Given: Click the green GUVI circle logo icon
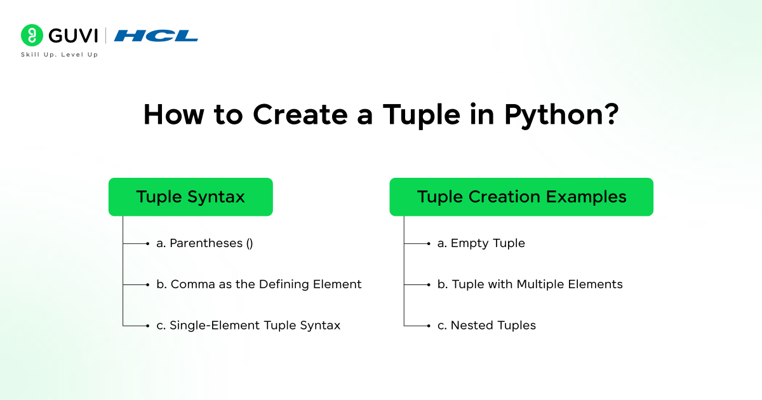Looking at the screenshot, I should pos(31,36).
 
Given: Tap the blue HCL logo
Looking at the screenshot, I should pos(156,36).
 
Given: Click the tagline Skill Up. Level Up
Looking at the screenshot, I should pos(59,55).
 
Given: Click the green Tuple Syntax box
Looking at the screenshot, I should pos(190,197).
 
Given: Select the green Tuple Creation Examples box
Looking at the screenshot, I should pos(521,197).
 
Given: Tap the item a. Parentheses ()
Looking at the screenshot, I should pos(204,243).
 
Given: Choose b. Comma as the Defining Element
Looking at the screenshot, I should pos(258,284).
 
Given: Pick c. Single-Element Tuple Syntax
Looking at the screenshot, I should pos(248,325).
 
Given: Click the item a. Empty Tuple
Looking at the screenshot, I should pos(481,243).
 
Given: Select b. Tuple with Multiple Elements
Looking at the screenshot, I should pos(530,284).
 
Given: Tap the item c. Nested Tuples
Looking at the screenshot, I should pos(486,325).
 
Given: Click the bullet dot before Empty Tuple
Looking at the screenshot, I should pos(429,243).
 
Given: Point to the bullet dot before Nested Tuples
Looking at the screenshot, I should pos(429,326).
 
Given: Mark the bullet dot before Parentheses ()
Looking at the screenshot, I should pos(147,243).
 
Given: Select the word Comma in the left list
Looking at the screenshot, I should pos(190,284).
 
